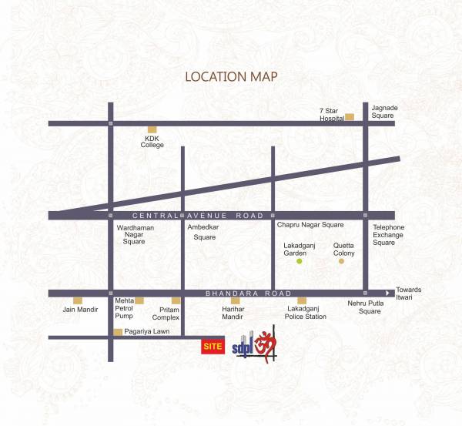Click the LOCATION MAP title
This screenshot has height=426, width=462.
pos(231,77)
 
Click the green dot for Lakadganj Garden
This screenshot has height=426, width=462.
pos(300,262)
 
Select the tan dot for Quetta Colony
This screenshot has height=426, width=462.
pos(341,262)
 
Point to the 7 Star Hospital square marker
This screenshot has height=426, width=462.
pos(350,117)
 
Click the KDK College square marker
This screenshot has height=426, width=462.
pos(152,129)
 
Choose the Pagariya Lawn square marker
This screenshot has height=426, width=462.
pos(118,332)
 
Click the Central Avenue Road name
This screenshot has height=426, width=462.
pos(198,216)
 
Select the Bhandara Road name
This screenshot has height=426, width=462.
pos(248,294)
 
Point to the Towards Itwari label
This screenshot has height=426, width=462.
pos(409,294)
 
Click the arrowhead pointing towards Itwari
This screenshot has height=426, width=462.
pos(389,294)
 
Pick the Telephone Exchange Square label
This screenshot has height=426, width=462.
pos(388,235)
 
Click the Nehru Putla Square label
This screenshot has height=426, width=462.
pos(363,307)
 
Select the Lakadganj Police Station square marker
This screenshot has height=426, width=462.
pos(302,300)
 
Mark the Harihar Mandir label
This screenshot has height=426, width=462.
pos(233,313)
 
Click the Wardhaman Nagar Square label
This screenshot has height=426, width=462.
pos(134,235)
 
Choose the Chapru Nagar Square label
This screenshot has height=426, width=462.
pos(310,225)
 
